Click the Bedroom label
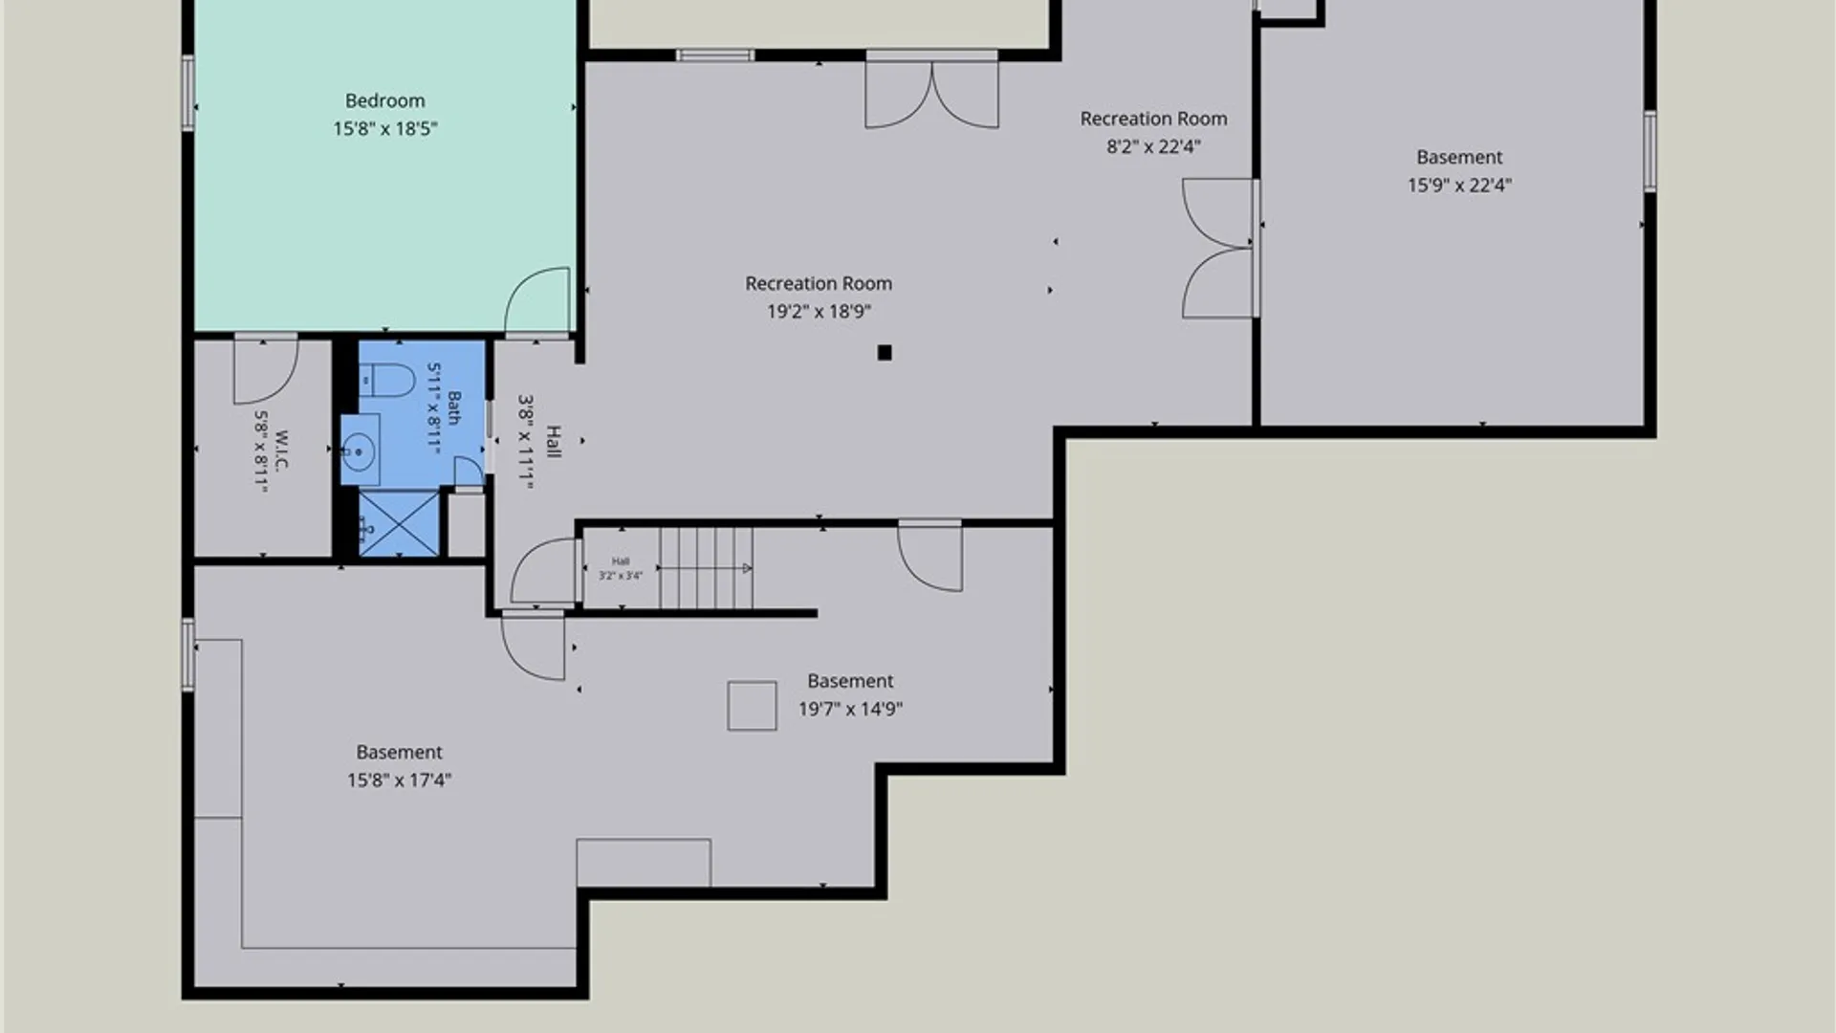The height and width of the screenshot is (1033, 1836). [384, 100]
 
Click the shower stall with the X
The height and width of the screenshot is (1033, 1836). [399, 522]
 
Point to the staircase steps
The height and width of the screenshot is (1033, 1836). [706, 568]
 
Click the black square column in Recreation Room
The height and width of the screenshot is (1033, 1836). [885, 353]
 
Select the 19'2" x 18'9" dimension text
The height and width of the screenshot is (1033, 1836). [819, 311]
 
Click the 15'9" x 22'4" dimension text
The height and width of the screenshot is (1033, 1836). [1459, 185]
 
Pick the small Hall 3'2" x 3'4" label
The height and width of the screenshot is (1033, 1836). [621, 568]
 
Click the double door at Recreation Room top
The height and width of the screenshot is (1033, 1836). [932, 92]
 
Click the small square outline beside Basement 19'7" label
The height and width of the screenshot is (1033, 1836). [752, 706]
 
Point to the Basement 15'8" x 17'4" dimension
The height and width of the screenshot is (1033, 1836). [399, 780]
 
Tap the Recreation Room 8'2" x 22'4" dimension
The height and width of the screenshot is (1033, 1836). [1153, 146]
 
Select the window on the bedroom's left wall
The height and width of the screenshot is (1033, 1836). [188, 93]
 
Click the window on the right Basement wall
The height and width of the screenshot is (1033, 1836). [1650, 151]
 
